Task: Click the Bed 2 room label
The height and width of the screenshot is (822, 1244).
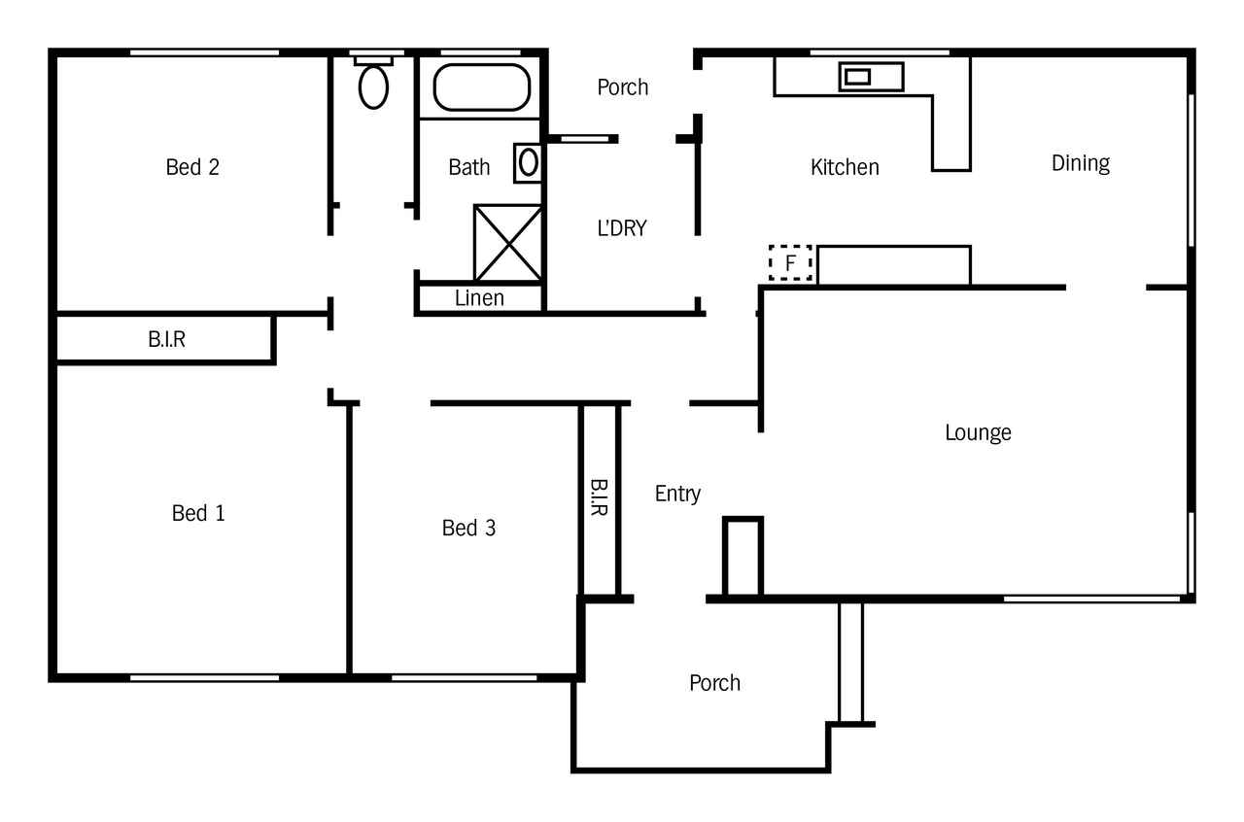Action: coord(192,167)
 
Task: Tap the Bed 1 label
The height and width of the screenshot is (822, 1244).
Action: coord(198,513)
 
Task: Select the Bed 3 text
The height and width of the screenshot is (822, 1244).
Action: coord(468,528)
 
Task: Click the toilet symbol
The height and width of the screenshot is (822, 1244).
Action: coord(373,84)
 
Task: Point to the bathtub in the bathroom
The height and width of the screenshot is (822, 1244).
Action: coord(481,87)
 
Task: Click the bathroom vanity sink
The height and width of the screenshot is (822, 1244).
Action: coord(528,162)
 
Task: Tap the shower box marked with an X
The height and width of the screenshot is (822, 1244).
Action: coord(507,243)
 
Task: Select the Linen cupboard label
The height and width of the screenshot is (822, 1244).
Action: coord(479,298)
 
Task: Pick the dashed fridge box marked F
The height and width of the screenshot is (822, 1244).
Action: coord(790,262)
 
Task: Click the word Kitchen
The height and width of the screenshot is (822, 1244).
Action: coord(845,167)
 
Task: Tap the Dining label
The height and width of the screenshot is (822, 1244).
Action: coord(1081,164)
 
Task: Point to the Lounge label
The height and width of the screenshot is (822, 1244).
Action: coord(978,433)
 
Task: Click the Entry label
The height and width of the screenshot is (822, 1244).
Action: coord(677,494)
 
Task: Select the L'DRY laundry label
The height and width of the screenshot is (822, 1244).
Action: coord(622,228)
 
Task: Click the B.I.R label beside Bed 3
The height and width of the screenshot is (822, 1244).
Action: coord(598,497)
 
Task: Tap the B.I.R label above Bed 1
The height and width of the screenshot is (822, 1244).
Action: coord(166,339)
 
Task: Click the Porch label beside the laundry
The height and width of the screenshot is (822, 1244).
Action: coord(623,87)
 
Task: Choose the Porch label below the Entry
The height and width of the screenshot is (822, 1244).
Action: coord(714,683)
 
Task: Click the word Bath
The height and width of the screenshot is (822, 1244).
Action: coord(469,167)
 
